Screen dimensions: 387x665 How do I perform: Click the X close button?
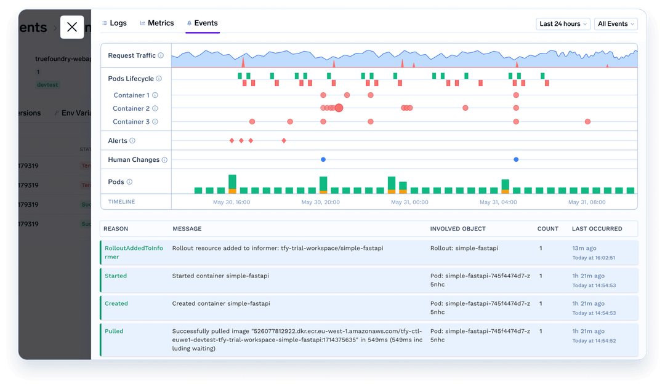click(x=72, y=27)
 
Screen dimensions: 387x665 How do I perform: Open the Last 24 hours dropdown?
click(x=563, y=24)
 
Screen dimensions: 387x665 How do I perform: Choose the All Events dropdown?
click(x=616, y=24)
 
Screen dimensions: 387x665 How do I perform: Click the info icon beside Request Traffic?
click(x=161, y=55)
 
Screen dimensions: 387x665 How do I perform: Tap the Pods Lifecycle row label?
click(x=131, y=79)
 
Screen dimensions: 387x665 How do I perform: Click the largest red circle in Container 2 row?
click(x=339, y=108)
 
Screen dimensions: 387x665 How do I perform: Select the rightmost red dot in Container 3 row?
click(x=587, y=122)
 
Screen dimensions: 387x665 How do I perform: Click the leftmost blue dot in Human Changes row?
click(x=323, y=159)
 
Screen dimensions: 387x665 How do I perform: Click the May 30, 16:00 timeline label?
click(x=232, y=202)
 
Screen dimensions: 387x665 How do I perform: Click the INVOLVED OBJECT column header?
click(x=457, y=229)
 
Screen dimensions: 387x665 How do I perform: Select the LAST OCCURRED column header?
click(x=597, y=229)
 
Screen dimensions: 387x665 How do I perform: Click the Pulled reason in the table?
click(x=114, y=331)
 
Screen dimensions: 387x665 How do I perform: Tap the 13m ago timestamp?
click(x=583, y=249)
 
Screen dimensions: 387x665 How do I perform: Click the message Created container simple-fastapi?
click(x=221, y=303)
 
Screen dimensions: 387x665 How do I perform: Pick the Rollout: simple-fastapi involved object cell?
click(x=464, y=249)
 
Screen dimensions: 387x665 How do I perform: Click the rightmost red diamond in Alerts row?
click(x=284, y=141)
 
